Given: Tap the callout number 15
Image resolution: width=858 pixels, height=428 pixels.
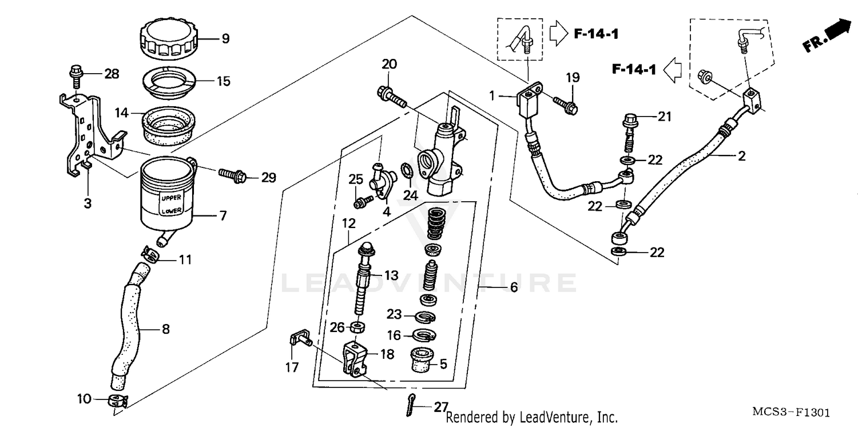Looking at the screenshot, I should tap(223, 81).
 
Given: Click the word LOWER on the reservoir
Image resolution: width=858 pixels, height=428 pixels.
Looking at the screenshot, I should tap(171, 211).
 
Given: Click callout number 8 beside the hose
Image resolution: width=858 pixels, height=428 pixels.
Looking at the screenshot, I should tap(165, 329).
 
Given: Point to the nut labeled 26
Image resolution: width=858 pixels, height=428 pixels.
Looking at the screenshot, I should tap(357, 327).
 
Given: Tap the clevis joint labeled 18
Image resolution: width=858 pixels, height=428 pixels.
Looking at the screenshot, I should tap(353, 358).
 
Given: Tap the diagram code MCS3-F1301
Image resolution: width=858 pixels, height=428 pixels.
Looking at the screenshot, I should tap(791, 412).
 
